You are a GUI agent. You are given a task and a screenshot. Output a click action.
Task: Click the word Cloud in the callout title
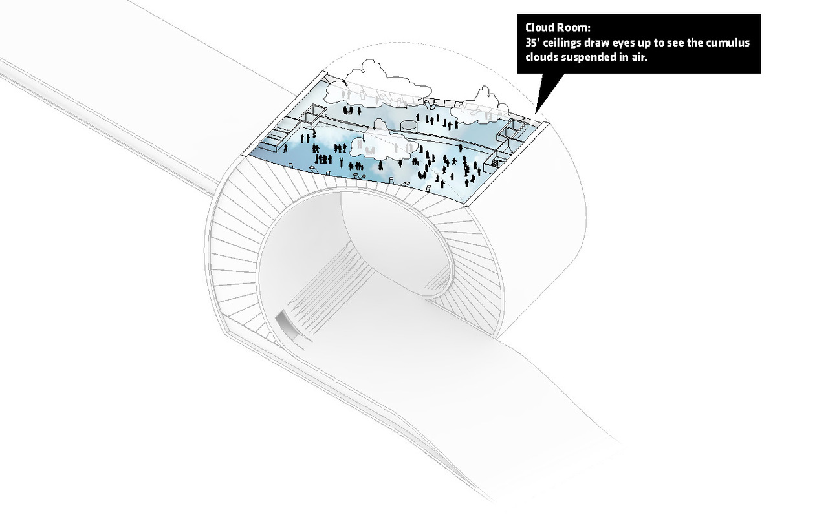tap(541, 27)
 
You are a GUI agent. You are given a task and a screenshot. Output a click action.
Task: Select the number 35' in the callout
tap(532, 43)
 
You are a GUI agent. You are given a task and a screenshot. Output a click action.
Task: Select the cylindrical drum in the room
tap(408, 125)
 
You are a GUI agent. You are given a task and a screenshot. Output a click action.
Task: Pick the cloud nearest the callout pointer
tap(481, 107)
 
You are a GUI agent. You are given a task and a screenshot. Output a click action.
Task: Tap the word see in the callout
tap(676, 43)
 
